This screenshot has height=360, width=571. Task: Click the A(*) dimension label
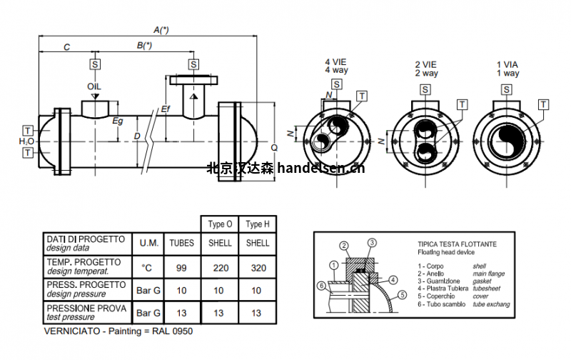click(161, 29)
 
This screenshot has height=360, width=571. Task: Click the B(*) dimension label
click(144, 46)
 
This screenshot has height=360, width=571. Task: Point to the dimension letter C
click(66, 47)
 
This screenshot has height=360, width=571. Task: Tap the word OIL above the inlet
click(94, 86)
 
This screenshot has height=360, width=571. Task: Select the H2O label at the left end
click(26, 141)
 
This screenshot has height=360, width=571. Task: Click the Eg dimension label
click(118, 121)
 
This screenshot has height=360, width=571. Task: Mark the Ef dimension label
click(166, 109)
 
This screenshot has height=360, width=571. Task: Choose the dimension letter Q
click(274, 148)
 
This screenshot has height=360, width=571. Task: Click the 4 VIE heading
click(335, 62)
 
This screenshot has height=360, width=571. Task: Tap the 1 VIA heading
click(507, 65)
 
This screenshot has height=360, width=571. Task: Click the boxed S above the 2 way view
click(425, 89)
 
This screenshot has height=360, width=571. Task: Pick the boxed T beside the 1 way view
click(543, 104)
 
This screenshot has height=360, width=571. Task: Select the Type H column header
click(258, 224)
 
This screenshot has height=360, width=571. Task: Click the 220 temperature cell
click(221, 268)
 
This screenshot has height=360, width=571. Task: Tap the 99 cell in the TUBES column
click(181, 268)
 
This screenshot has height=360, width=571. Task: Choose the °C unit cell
click(147, 268)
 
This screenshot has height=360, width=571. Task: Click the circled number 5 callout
click(402, 295)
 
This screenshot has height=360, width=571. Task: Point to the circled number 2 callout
click(344, 246)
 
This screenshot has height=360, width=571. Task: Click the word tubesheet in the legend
click(487, 289)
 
